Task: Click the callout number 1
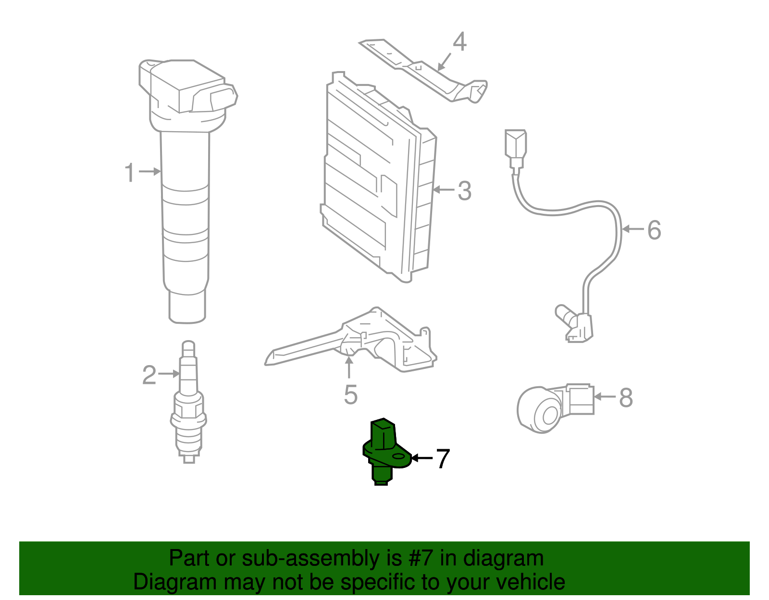coord(130,172)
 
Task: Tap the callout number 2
coord(149,375)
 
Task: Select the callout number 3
coord(464,191)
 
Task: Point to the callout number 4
coord(459,42)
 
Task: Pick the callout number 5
coord(351,395)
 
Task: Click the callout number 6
coord(654,230)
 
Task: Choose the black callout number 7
coord(442,459)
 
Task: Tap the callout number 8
coord(626,398)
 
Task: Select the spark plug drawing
coord(189,404)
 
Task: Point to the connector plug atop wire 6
coord(516,144)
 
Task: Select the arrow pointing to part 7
coord(422,458)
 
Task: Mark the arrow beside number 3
coord(443,190)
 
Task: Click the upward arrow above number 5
coord(349,367)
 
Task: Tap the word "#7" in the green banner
coord(421,558)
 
